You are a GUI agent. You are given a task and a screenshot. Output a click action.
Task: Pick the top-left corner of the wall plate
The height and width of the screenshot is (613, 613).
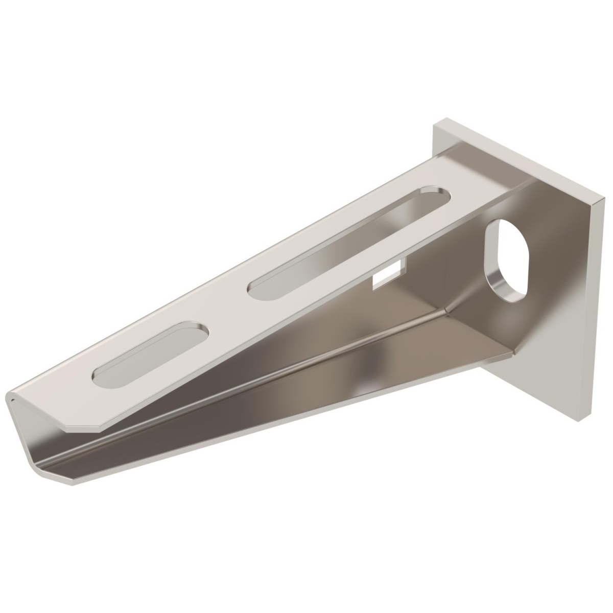click(x=435, y=123)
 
